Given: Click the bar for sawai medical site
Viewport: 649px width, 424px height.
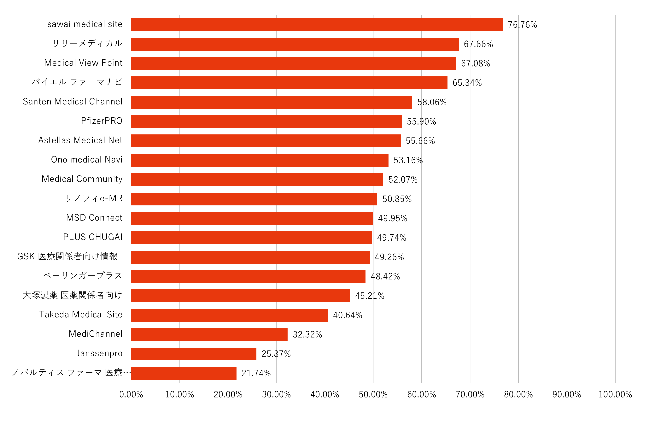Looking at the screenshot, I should point(317,25).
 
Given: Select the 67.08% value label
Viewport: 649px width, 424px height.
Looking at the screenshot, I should point(475,63).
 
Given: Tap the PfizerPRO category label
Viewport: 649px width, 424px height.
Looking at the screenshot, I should point(102,121).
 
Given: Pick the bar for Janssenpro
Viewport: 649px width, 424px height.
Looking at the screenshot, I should point(194,354).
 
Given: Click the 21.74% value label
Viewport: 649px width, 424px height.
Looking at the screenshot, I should point(256,373).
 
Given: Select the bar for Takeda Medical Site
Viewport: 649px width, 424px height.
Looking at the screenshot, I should point(229,315).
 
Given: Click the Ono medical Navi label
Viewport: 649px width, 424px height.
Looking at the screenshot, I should point(87,160).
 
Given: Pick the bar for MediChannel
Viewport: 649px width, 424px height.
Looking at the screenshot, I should point(209,335).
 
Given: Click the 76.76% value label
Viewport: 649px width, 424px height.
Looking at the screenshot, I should point(522,25).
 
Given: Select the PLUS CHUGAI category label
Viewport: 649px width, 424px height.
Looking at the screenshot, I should point(93,237).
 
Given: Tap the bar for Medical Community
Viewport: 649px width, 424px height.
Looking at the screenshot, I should point(257,180).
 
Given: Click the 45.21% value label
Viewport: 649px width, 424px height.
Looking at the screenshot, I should point(370,296).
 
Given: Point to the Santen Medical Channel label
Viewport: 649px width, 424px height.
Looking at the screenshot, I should point(73,101).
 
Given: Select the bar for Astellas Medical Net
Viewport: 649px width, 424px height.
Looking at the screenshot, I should point(266,141).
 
